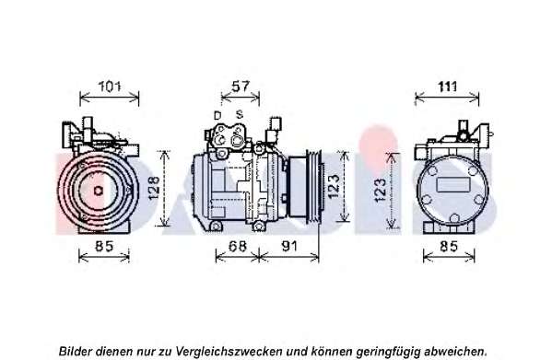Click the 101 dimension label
[109, 87]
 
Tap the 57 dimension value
[241, 87]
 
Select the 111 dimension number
[448, 87]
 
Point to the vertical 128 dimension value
[154, 188]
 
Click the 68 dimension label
[238, 246]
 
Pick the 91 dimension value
[289, 246]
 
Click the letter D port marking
[217, 115]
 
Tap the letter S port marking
[240, 114]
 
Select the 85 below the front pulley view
[104, 246]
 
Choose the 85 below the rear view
[449, 246]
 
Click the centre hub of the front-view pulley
[99, 191]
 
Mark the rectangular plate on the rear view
[453, 184]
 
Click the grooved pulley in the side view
[314, 188]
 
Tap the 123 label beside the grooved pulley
[334, 186]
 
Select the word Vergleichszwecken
[229, 351]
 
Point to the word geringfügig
[389, 351]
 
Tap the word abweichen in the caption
[454, 351]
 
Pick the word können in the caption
[332, 351]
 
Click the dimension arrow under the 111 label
[447, 97]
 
